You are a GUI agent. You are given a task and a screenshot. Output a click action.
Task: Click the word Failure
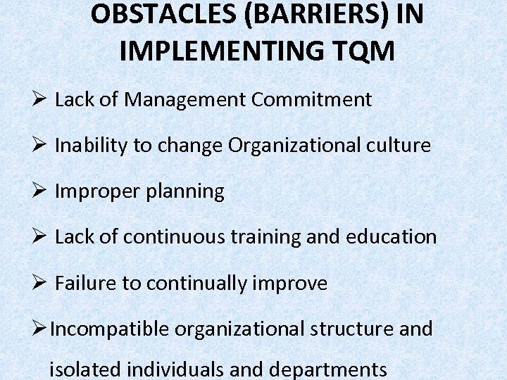pyautogui.click(x=81, y=284)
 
